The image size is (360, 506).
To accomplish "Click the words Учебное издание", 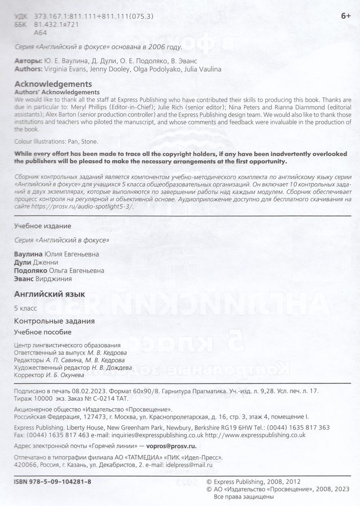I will (43, 226).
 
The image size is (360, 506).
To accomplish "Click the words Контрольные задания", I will (48, 320).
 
